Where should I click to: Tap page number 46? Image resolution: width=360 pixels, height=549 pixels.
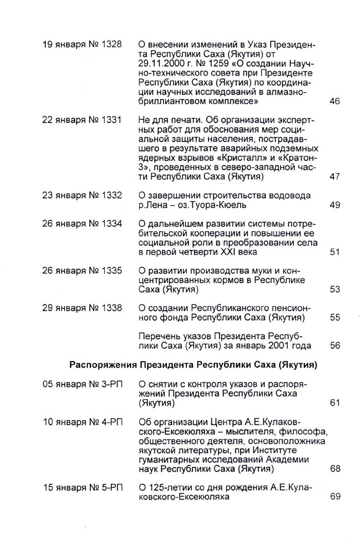335,101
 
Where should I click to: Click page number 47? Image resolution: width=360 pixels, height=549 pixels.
335,177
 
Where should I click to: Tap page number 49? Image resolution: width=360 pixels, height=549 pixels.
335,205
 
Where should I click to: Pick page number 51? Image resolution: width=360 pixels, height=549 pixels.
335,252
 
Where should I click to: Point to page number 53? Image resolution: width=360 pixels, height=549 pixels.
335,289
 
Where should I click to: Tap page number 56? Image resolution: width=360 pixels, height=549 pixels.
335,346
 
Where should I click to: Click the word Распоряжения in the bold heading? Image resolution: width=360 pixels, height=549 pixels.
102,365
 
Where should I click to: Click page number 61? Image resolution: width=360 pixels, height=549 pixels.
335,403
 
